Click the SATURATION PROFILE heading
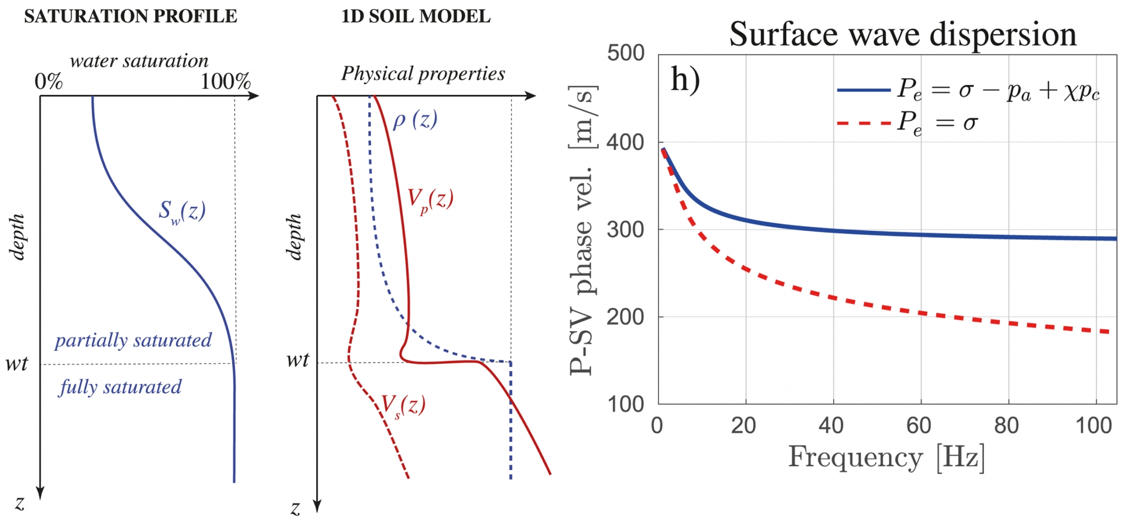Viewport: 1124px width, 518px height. pos(131,16)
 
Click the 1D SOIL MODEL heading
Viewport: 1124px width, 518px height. pos(416,16)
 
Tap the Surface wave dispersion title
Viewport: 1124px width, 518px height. pos(902,34)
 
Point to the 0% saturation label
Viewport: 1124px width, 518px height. pos(49,81)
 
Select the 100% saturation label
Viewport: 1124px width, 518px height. pos(225,81)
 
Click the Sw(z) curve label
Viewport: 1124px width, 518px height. pos(182,211)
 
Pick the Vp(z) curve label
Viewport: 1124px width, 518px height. pos(430,200)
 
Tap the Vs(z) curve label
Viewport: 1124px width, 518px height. pos(403,404)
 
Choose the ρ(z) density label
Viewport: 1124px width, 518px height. pos(415,120)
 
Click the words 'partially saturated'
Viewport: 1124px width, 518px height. pos(133,340)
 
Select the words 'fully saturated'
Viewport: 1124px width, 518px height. pos(121,387)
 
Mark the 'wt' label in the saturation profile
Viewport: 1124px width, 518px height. pos(16,364)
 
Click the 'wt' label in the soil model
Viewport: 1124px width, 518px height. pos(297,360)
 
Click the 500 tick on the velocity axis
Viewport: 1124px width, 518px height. pos(626,53)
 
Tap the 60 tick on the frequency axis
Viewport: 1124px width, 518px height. pos(919,425)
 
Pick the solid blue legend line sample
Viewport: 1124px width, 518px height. pos(863,90)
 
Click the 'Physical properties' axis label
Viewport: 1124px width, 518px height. pos(423,74)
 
